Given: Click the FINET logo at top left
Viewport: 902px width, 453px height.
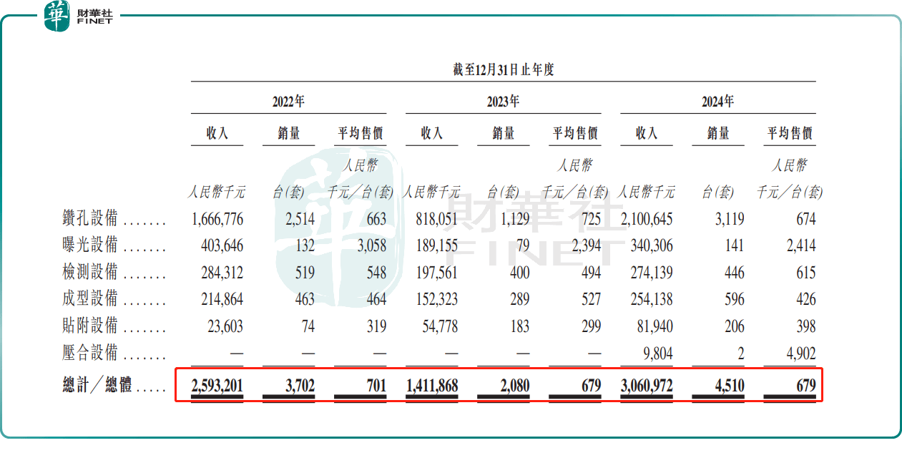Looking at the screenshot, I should coord(79,16).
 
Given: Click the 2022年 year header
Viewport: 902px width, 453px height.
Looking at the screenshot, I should coord(288,102).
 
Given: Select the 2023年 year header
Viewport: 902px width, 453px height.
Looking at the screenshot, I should coord(503,102).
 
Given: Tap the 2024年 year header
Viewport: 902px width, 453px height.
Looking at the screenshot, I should coord(717,102).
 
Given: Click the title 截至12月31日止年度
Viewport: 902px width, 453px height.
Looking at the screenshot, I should coord(503,70).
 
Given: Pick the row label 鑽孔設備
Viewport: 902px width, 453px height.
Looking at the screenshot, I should coord(90,219).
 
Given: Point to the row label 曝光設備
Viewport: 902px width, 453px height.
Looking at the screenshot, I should coord(90,245).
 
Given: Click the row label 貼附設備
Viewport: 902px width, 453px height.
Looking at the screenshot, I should coord(90,326).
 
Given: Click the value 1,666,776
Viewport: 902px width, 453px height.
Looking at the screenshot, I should coord(217,219).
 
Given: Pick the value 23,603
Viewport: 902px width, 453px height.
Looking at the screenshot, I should coord(224,326).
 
